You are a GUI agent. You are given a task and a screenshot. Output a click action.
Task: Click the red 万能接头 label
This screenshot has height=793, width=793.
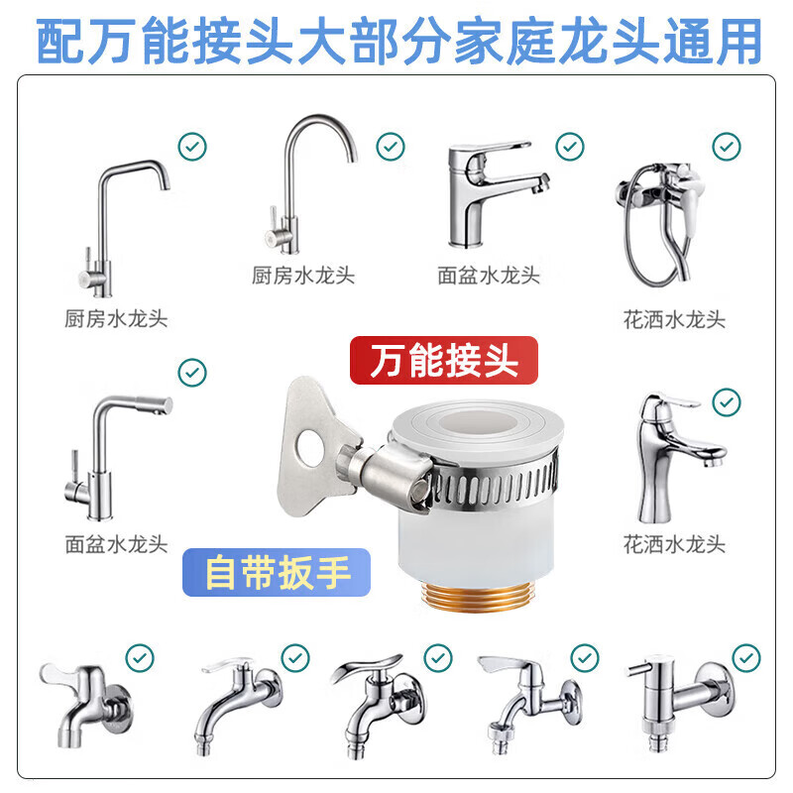point(443,360)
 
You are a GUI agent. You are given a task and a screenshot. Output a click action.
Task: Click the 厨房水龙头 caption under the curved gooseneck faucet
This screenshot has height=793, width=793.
point(302,275)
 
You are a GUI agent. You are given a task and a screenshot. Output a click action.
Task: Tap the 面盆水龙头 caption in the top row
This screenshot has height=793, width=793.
point(489,275)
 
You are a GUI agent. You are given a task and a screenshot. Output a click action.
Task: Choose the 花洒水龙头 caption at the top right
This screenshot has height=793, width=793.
point(674,319)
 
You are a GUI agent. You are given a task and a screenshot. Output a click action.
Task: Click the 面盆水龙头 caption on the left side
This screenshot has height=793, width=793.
point(116,543)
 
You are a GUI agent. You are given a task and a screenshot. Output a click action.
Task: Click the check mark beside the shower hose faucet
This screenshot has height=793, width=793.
point(727,147)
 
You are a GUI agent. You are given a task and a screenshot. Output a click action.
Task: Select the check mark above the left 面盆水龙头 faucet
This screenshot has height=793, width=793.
point(191,373)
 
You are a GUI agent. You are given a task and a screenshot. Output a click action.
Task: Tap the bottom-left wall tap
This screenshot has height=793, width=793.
point(84,699)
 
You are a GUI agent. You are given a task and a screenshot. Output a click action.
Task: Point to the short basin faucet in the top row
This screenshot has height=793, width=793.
point(493,193)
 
